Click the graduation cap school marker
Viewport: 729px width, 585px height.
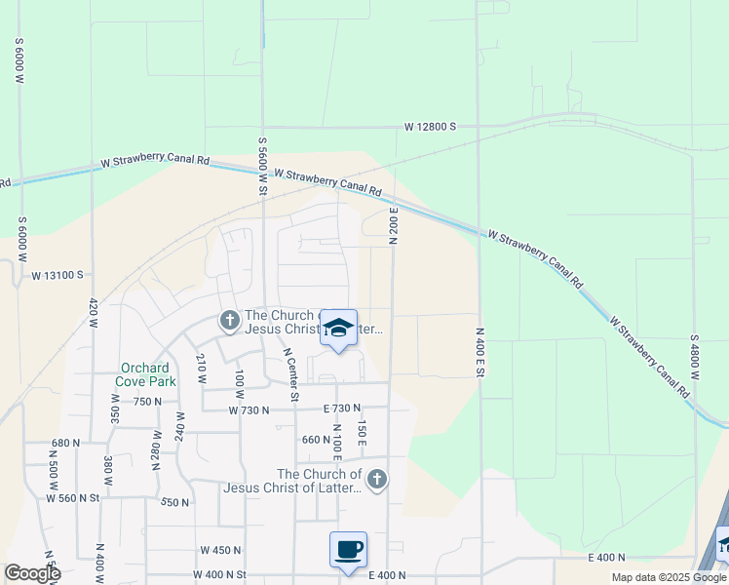(x=338, y=329)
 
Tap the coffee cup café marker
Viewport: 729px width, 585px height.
(x=348, y=550)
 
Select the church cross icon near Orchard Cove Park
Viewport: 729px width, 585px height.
(x=229, y=319)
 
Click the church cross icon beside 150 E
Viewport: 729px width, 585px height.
(x=377, y=479)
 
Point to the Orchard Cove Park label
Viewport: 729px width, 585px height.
(x=147, y=374)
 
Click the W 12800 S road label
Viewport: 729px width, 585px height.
(x=431, y=127)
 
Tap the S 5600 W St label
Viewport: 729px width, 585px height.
(x=262, y=167)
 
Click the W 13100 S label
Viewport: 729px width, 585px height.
(x=58, y=276)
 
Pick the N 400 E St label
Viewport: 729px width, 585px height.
(x=480, y=353)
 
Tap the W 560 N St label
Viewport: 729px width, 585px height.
(x=73, y=497)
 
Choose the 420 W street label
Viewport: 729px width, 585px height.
(x=93, y=316)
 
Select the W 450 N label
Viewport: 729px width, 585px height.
(x=220, y=550)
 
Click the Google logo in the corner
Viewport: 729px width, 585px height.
(x=31, y=573)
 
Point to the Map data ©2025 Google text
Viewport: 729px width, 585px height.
(x=668, y=577)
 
